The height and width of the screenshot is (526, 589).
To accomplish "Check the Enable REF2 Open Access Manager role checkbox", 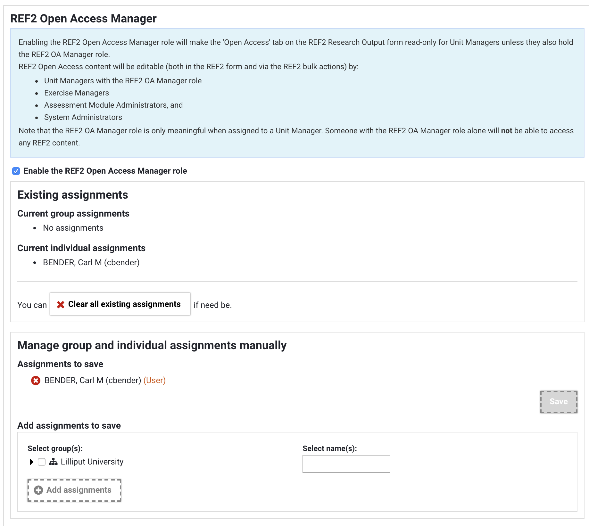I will (x=16, y=171).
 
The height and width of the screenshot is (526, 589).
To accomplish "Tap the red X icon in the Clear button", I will (x=61, y=304).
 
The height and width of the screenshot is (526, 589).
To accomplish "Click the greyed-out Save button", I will (x=559, y=402).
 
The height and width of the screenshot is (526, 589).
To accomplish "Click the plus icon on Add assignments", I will (x=38, y=490).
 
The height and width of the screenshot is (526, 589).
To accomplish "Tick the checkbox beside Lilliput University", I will (x=42, y=462).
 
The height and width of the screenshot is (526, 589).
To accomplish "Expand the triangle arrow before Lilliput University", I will (x=31, y=462).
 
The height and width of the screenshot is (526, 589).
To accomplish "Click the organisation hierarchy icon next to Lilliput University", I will (x=53, y=462).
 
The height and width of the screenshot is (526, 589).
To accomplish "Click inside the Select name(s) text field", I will (x=346, y=464).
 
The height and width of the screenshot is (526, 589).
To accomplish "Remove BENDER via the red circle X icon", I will (x=36, y=381).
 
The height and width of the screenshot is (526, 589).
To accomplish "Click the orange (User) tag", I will (x=154, y=380).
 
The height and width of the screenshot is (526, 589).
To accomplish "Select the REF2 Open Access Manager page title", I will (x=83, y=19).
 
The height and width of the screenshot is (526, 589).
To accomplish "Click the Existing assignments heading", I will (x=73, y=195).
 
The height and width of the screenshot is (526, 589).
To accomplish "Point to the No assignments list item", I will (x=73, y=228).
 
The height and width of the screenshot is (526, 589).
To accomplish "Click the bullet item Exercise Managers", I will (x=77, y=93).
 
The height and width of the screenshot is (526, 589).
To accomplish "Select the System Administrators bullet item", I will (x=83, y=117).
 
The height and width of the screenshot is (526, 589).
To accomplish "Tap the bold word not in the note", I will (x=506, y=131).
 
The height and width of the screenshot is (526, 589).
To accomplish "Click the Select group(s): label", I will (x=55, y=448).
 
